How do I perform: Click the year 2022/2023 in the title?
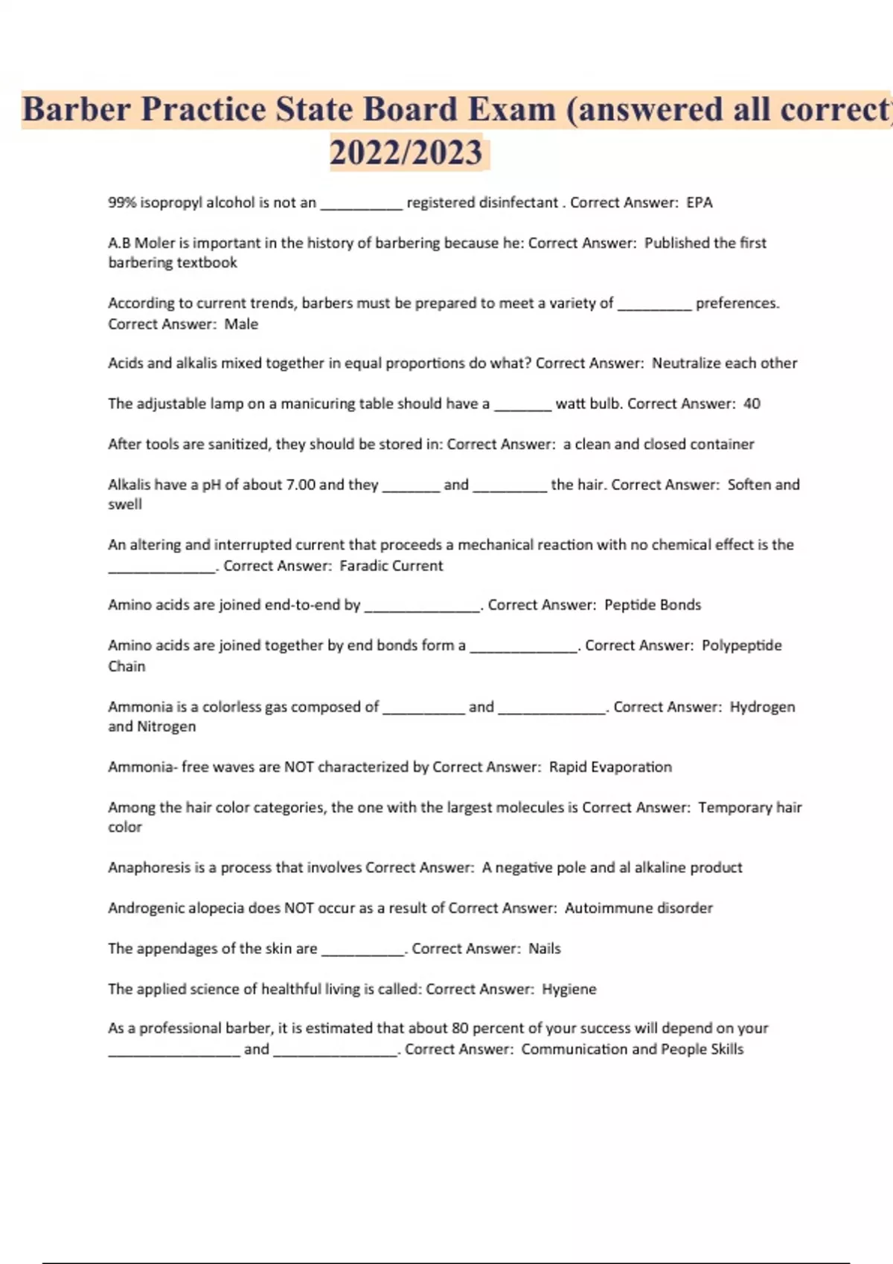click(406, 152)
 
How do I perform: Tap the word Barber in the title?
click(76, 109)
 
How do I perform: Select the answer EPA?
click(700, 202)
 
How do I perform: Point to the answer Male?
click(241, 324)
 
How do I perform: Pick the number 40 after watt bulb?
click(752, 404)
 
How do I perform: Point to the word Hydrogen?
click(762, 707)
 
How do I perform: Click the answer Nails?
click(544, 949)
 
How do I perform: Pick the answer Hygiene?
click(569, 990)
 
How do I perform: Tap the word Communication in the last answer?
click(574, 1049)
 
